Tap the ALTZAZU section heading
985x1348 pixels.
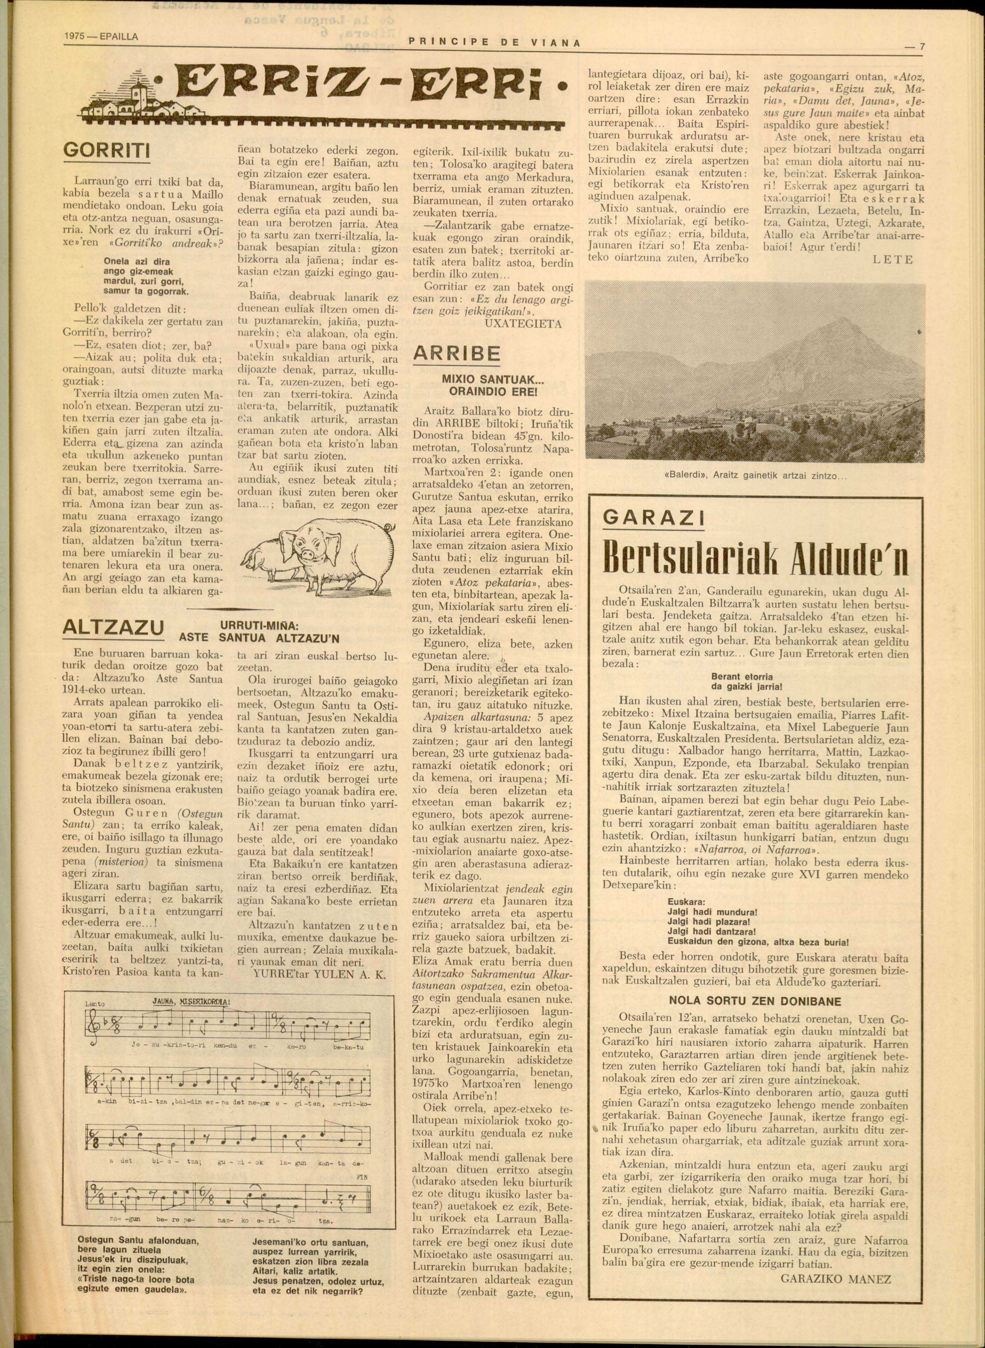113,627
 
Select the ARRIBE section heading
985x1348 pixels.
457,353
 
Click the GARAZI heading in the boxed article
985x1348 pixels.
653,517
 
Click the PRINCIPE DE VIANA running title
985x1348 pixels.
494,42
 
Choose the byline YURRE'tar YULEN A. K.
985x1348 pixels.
320,974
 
